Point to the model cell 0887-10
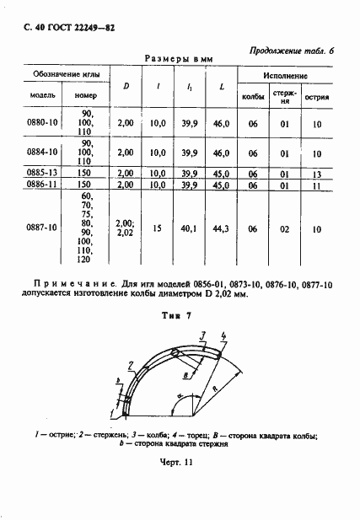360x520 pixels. pyautogui.click(x=41, y=228)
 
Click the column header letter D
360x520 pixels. pyautogui.click(x=126, y=85)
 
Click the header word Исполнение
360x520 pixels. pyautogui.click(x=286, y=76)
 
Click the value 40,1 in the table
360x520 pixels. pyautogui.click(x=189, y=228)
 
